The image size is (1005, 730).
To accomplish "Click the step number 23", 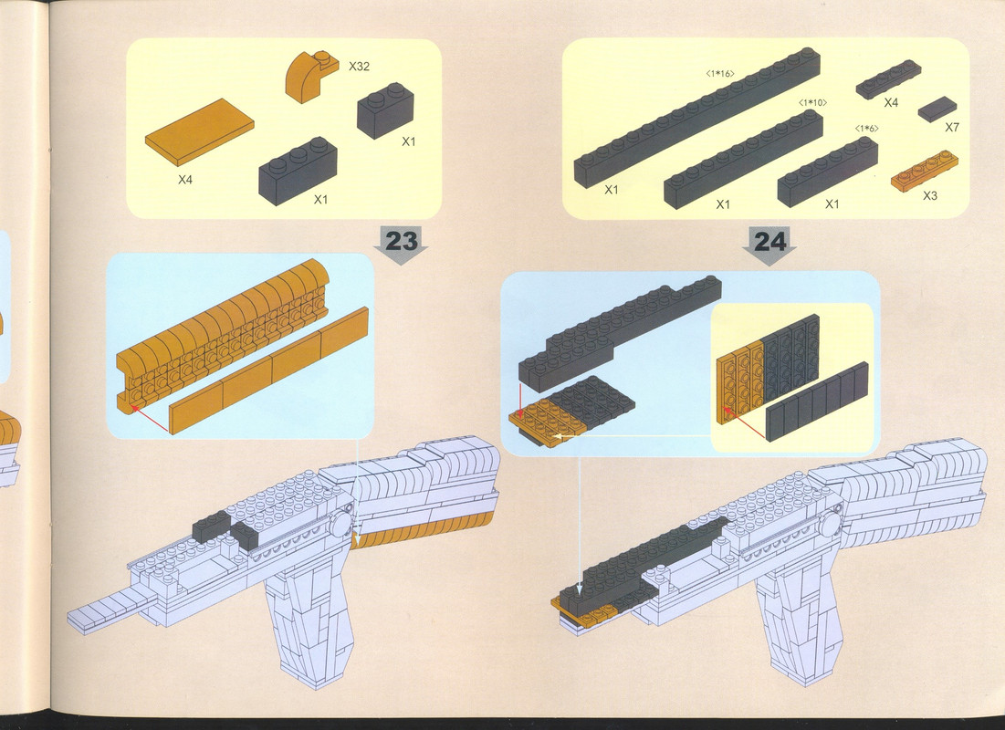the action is pos(402,241).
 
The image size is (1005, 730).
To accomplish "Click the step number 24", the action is pos(769,242).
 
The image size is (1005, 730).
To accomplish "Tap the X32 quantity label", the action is pos(359,66).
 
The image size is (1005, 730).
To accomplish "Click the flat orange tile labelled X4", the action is pos(199,132).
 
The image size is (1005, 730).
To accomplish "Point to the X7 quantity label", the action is pos(952,128).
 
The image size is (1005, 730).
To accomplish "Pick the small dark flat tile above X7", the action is pos(937,109).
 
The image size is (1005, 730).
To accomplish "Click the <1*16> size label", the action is pos(720,74).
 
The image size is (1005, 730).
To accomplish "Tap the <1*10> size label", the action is pos(812,102).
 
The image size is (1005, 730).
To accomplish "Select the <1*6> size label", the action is pos(866,129).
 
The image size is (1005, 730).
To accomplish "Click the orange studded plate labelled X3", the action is pos(925,170).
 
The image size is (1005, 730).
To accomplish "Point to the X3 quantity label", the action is pos(929,195).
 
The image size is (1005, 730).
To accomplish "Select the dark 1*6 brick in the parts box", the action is pos(827,172).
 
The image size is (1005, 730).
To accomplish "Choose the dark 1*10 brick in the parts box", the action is pos(744,159).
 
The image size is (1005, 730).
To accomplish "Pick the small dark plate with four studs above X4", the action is pos(888,79).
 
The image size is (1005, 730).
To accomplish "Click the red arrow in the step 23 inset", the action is pos(150,420).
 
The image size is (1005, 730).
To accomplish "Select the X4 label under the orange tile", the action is pos(185,180).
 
